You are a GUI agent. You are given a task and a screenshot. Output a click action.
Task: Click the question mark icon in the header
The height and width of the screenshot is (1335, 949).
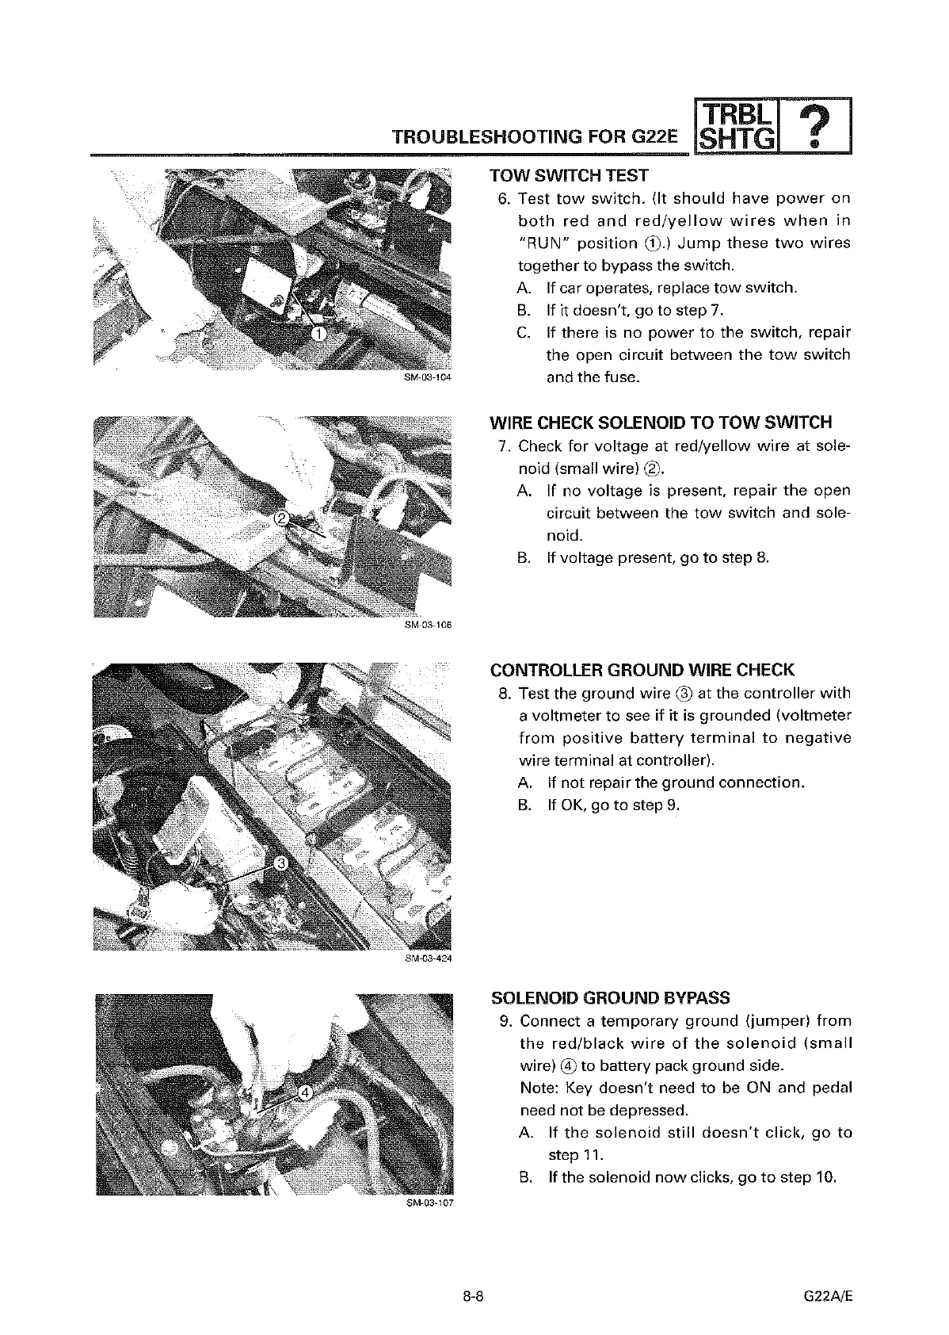point(822,127)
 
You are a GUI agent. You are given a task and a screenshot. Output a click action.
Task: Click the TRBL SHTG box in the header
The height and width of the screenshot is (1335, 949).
point(737,127)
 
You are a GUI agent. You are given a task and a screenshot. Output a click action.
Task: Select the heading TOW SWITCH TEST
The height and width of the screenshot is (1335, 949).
point(569,175)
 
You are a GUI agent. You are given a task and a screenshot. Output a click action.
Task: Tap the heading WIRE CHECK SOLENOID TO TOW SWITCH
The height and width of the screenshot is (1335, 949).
point(661,422)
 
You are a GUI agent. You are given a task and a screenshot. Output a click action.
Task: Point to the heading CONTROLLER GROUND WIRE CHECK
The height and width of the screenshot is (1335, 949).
point(642,670)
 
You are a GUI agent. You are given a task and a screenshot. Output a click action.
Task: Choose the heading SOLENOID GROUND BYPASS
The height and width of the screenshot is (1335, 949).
point(611,997)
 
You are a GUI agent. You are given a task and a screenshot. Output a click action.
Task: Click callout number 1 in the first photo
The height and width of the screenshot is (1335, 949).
point(318,335)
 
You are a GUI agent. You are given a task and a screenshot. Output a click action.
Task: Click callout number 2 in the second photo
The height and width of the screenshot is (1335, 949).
point(281,518)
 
